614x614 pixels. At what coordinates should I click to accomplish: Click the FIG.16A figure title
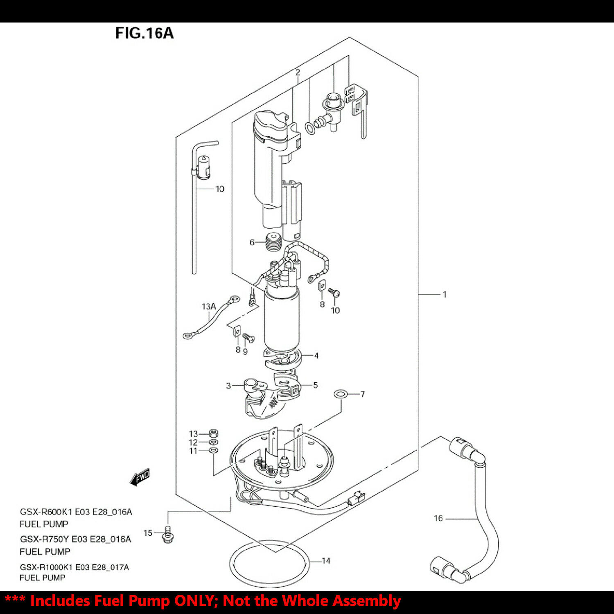(144, 33)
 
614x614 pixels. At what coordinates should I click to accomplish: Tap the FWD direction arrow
(140, 477)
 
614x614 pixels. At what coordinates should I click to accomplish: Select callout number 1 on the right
(445, 294)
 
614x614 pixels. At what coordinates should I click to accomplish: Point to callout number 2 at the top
(298, 72)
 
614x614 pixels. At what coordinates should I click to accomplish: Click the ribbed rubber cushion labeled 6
(273, 242)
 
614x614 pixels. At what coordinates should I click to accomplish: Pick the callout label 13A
(208, 306)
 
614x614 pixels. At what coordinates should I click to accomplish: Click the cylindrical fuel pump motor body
(282, 319)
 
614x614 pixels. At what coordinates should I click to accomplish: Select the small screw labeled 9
(248, 338)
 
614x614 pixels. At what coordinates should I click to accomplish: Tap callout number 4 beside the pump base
(316, 355)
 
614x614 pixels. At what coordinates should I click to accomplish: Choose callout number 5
(315, 385)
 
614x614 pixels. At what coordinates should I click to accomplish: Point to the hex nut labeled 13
(213, 433)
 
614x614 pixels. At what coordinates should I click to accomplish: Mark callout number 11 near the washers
(193, 451)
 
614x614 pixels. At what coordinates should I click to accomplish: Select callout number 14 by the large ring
(326, 560)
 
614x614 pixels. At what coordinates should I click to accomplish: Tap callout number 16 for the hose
(438, 518)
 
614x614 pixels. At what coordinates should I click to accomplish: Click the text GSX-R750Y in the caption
(45, 539)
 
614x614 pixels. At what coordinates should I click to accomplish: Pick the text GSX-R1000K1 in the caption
(46, 567)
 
